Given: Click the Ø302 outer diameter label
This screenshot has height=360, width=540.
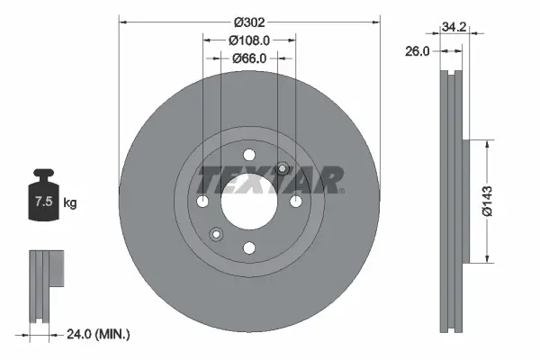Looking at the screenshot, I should (x=250, y=21).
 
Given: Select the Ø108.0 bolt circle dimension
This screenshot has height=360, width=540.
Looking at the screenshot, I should (x=249, y=40).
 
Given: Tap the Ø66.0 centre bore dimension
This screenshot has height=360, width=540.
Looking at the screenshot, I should (x=249, y=58).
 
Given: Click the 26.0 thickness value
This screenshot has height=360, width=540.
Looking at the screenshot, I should (x=416, y=52).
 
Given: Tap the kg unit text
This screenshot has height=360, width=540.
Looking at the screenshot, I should (x=69, y=203).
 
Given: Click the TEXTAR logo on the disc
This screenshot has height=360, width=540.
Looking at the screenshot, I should (x=270, y=179).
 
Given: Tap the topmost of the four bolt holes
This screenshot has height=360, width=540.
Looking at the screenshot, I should (x=249, y=153).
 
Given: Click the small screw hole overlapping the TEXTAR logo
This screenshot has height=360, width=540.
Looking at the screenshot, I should (x=282, y=167).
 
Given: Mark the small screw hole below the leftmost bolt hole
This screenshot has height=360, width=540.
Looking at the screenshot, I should (x=216, y=234).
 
